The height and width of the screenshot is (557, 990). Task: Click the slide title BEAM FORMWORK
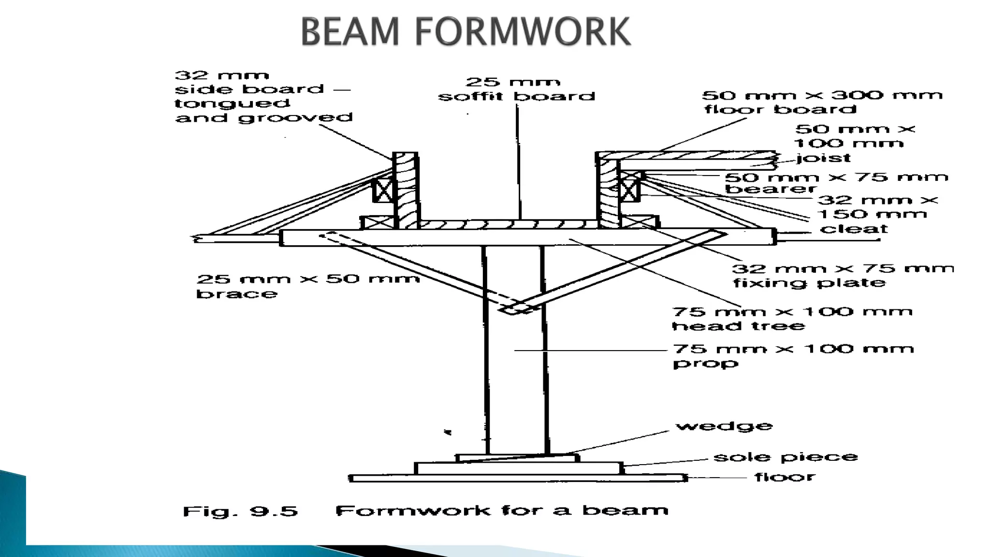466,31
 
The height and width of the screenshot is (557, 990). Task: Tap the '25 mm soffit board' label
516,89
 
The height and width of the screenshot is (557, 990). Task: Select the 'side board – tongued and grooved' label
263,97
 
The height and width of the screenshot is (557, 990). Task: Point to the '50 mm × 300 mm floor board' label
822,102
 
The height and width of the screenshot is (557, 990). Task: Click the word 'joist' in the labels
823,158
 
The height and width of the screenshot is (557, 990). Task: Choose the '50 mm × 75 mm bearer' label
836,183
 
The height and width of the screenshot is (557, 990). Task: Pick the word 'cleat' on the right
854,229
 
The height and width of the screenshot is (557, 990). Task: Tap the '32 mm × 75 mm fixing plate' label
843,276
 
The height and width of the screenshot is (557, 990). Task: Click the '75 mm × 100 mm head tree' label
792,318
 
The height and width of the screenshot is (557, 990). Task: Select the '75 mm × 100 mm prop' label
793,355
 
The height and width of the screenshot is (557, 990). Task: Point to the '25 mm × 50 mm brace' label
307,286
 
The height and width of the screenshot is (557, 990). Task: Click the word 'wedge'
724,426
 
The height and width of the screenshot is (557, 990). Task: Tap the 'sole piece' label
786,457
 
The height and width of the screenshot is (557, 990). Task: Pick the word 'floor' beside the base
785,477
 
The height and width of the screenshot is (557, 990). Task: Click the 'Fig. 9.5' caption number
240,511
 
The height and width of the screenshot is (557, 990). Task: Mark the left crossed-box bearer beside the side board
384,190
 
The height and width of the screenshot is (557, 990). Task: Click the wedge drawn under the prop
517,457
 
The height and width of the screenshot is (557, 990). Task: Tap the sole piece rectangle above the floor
518,468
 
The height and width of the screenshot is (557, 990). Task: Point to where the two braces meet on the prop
517,308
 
